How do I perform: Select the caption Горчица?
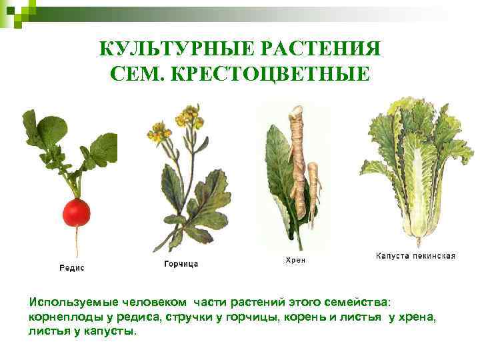(181, 264)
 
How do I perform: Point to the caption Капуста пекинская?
(415, 255)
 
